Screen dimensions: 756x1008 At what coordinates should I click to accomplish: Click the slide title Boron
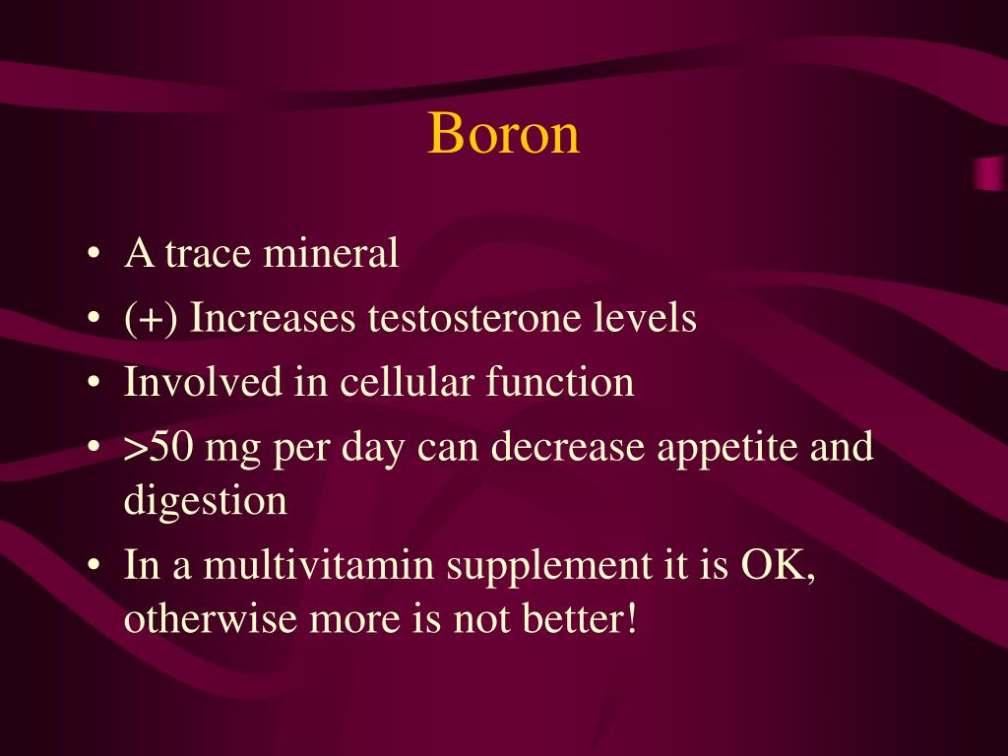pyautogui.click(x=503, y=134)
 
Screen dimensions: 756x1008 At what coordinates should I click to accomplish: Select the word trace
pyautogui.click(x=209, y=254)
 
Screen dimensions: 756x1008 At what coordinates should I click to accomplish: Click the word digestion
pyautogui.click(x=206, y=501)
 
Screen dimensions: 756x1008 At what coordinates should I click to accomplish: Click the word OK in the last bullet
pyautogui.click(x=777, y=566)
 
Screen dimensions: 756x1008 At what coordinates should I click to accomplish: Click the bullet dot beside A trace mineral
pyautogui.click(x=93, y=256)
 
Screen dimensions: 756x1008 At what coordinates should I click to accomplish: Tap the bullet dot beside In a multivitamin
pyautogui.click(x=93, y=568)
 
